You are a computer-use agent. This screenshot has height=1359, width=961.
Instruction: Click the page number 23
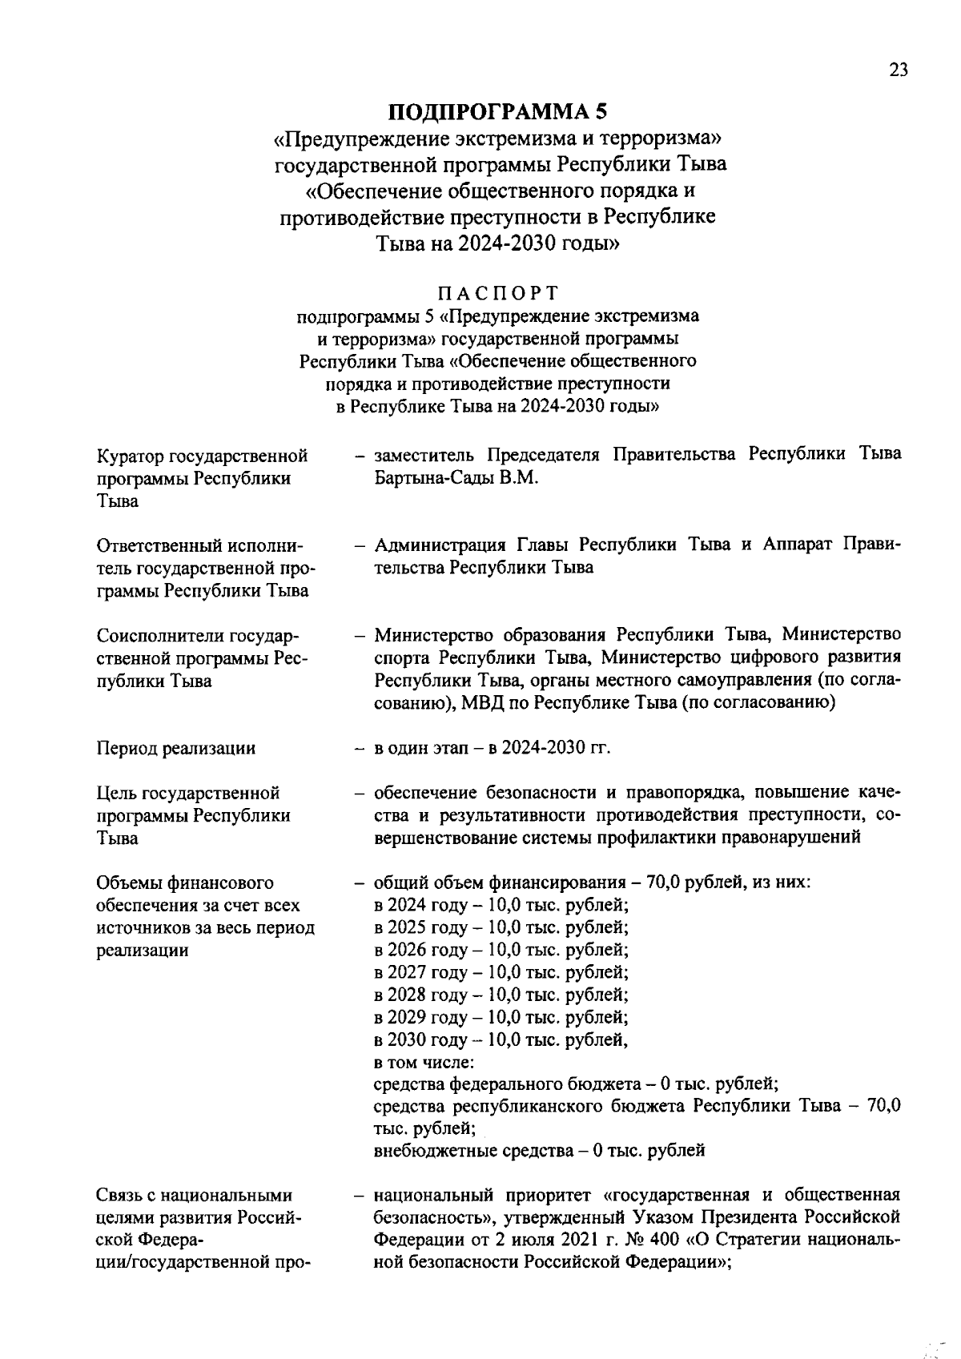click(x=899, y=70)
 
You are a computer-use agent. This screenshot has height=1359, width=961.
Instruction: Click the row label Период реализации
click(x=176, y=749)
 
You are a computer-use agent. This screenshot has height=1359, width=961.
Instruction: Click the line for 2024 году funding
click(x=501, y=906)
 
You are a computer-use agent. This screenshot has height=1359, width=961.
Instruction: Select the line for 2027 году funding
click(x=501, y=973)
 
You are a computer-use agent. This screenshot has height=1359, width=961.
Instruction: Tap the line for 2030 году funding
click(x=501, y=1040)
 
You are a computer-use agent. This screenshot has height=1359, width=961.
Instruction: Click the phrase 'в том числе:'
click(x=424, y=1063)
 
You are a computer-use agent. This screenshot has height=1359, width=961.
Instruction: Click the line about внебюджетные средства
click(x=539, y=1152)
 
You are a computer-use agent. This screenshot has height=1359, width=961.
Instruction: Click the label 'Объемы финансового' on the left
click(x=185, y=883)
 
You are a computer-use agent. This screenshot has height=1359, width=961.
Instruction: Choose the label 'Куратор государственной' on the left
click(x=202, y=456)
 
